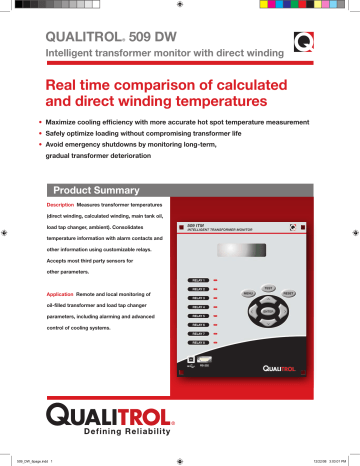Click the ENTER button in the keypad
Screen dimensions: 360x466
tap(266, 311)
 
